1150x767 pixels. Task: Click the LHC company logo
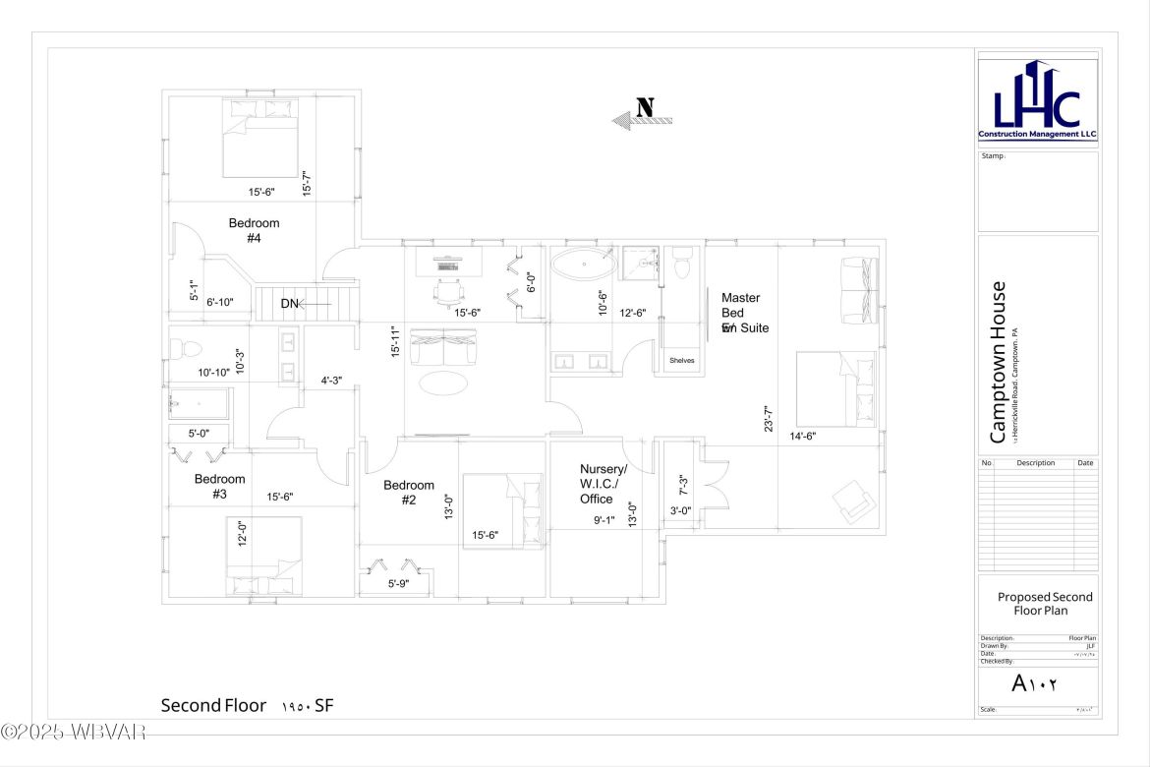1037,99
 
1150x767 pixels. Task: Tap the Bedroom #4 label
254,230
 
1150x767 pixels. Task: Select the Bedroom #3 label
219,487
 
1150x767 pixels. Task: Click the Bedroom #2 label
409,492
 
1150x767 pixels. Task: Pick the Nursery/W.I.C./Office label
603,484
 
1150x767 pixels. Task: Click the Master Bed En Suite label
743,313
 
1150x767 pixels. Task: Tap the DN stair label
289,304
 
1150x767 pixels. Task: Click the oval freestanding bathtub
583,265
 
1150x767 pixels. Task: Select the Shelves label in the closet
682,361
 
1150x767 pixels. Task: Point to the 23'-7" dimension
770,417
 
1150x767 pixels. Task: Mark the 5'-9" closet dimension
398,583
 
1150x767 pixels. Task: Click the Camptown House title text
997,363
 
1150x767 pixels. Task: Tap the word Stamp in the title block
992,155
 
